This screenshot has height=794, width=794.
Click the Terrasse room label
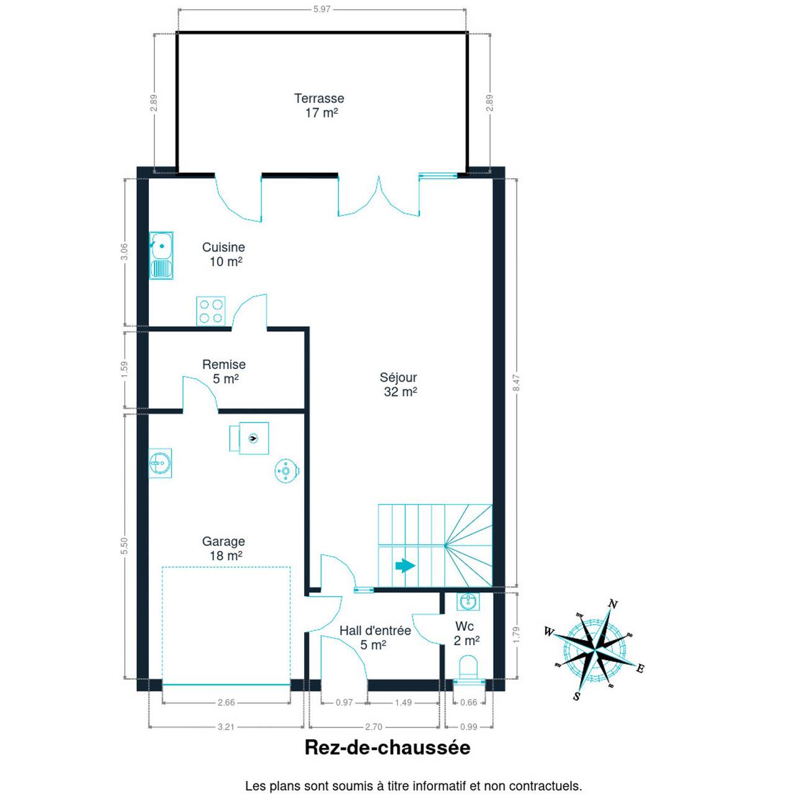point(319,99)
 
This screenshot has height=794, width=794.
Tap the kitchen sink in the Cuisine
point(161,256)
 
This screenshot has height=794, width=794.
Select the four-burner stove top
point(210,311)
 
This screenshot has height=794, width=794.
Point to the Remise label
point(224,364)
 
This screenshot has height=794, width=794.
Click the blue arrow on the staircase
point(405,566)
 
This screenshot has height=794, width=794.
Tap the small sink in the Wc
point(468,601)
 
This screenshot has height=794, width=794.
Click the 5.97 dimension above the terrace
point(322,9)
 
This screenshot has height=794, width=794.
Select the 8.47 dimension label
point(517,383)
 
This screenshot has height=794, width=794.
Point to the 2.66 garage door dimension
point(226,702)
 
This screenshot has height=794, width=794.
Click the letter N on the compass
point(613,604)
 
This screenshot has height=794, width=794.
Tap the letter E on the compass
point(640,668)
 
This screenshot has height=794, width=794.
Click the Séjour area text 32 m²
point(400,392)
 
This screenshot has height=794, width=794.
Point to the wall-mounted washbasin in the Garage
point(160,463)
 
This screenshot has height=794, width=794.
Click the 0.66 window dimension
point(468,702)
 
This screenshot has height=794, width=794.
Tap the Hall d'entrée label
point(375,631)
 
